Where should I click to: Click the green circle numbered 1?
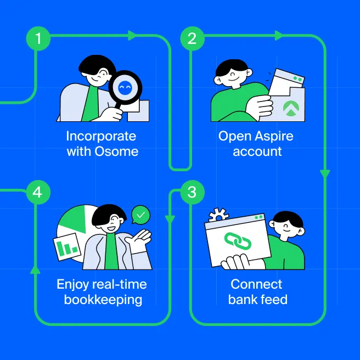38,38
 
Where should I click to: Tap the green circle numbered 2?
192,38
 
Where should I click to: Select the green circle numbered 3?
192,192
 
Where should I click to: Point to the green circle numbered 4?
38,192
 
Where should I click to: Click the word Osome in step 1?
116,151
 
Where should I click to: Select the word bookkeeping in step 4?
103,300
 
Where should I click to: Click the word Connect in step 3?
256,284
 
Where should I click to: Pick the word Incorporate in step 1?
101,137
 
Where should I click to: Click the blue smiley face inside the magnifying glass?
125,88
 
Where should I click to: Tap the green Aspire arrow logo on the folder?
291,108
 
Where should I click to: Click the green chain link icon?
238,241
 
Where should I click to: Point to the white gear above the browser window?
218,215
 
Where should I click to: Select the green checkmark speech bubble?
140,215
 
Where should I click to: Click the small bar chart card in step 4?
67,247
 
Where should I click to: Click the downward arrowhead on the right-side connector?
325,173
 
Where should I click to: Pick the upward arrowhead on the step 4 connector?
35,270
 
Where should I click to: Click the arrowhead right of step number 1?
132,35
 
